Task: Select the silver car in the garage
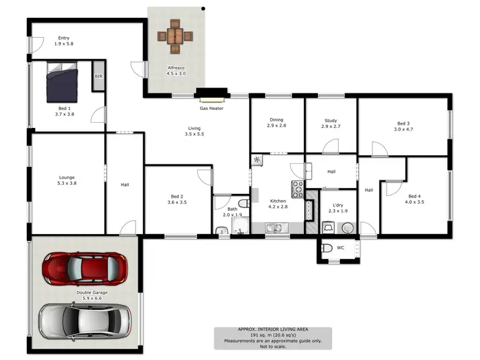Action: tap(84, 319)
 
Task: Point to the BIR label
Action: tap(99, 76)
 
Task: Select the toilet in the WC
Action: tap(326, 248)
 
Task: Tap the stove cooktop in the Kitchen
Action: tap(298, 188)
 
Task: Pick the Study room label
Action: tap(330, 123)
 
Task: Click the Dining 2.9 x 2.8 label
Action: tap(276, 123)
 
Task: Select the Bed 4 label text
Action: tap(414, 199)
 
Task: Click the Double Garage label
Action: tap(92, 295)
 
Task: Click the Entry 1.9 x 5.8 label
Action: tap(64, 40)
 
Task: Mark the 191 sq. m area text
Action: tap(273, 335)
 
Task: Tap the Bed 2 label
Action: tap(177, 199)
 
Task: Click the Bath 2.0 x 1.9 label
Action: tap(233, 212)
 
